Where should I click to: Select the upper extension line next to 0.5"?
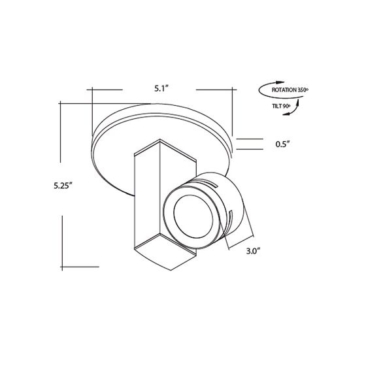tap(248, 139)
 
